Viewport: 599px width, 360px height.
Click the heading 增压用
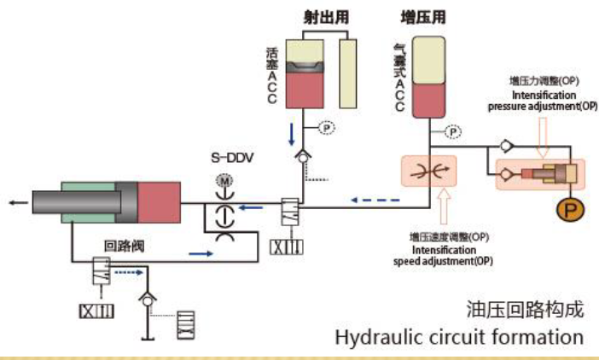[424, 16]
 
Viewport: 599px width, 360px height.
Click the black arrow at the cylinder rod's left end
[16, 203]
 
